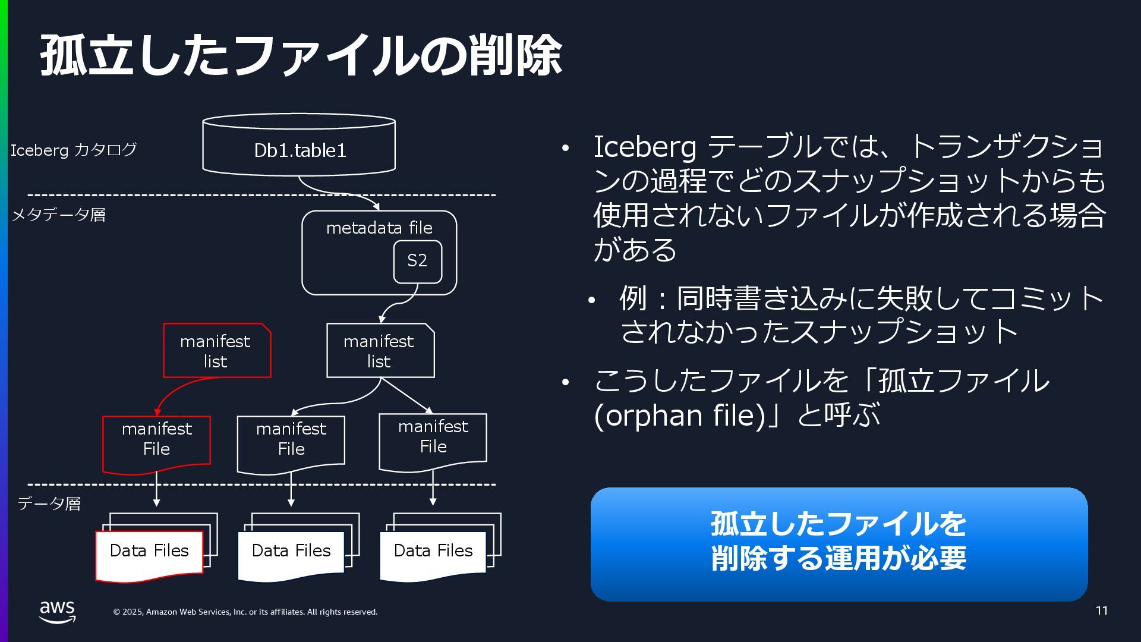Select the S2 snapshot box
click(x=417, y=261)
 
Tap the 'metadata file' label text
click(x=379, y=228)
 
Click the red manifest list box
click(x=216, y=351)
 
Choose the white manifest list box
click(x=380, y=351)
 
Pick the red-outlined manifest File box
click(x=156, y=443)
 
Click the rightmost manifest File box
click(x=433, y=440)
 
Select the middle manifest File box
click(x=291, y=443)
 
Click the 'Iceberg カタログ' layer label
click(x=73, y=150)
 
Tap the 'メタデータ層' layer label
click(x=58, y=215)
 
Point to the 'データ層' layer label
click(x=49, y=504)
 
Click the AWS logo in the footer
click(x=58, y=612)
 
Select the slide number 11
click(x=1101, y=610)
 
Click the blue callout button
click(x=839, y=543)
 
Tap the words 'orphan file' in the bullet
click(x=679, y=416)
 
